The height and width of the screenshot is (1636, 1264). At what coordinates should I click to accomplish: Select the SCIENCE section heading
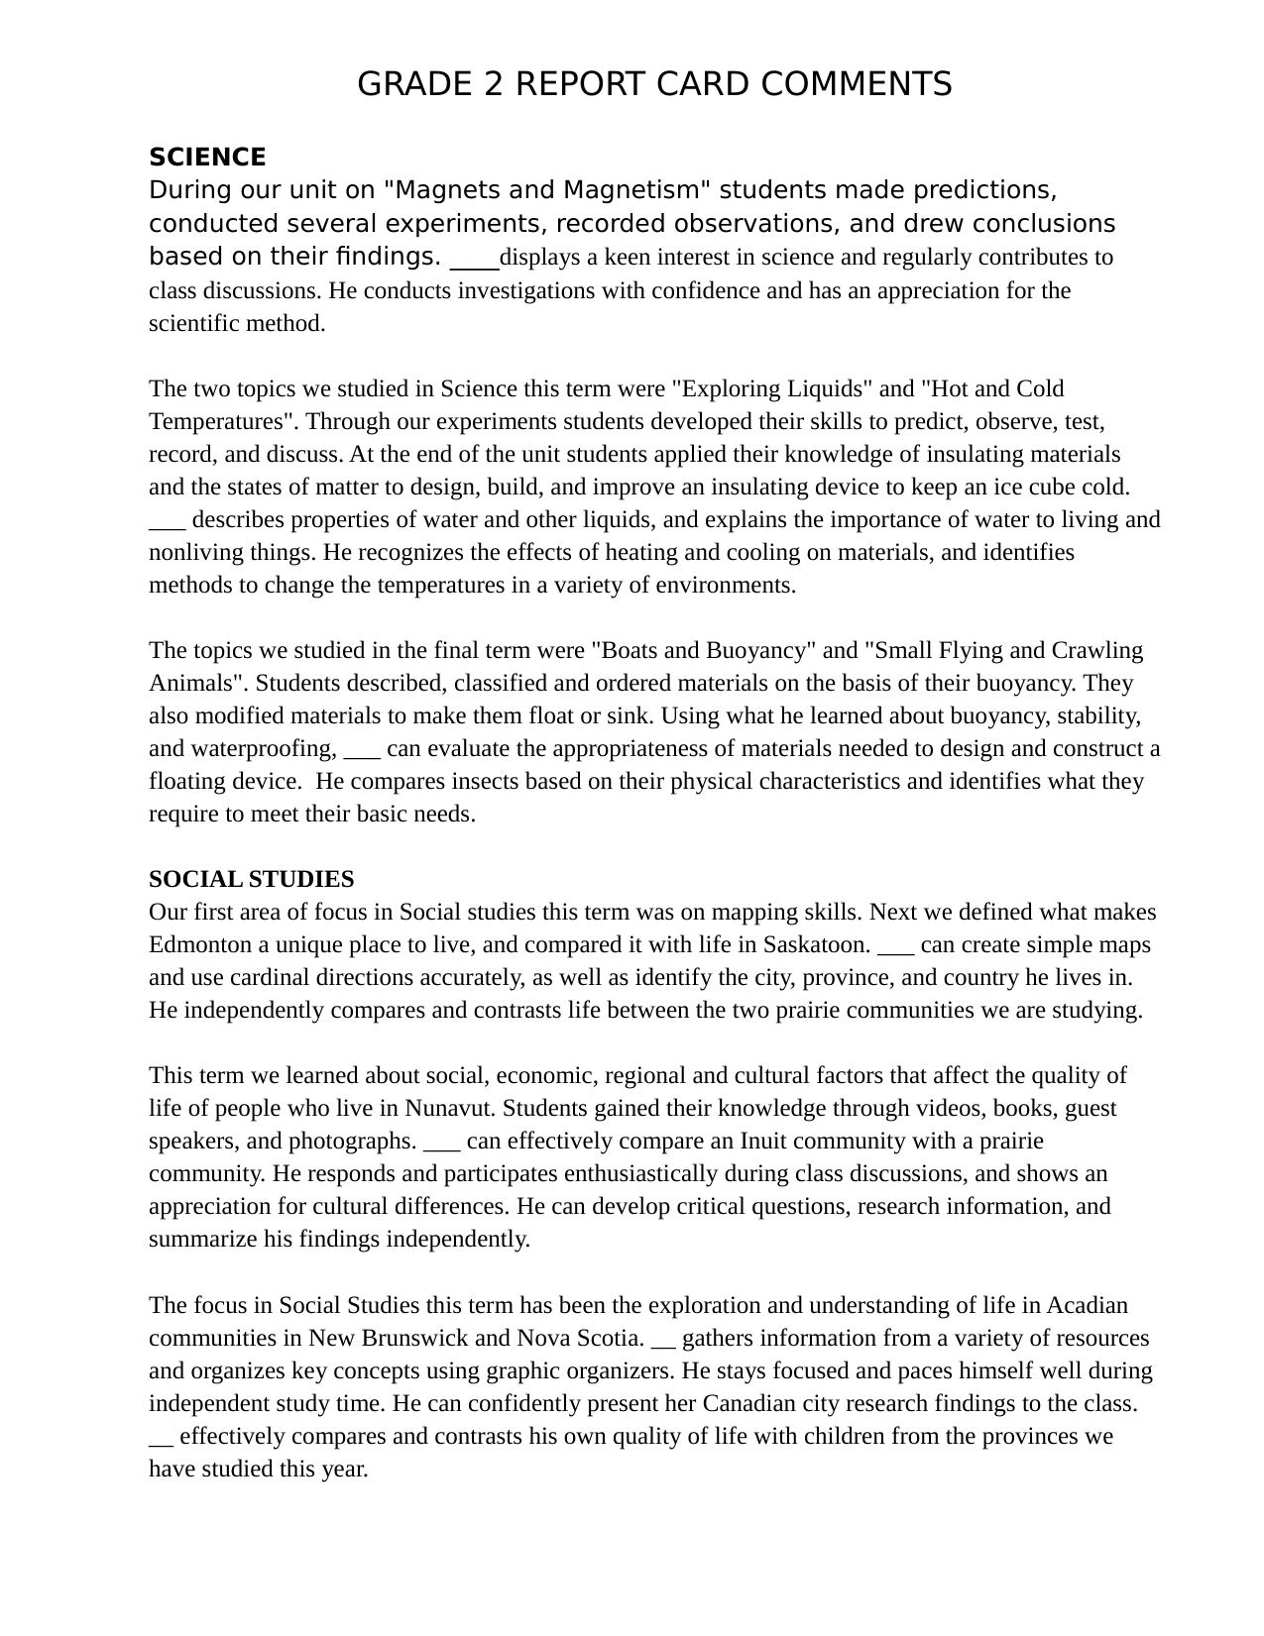click(x=207, y=158)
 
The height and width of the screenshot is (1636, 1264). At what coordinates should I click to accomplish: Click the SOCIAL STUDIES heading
click(x=251, y=879)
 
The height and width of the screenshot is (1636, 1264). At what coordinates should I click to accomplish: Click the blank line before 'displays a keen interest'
click(x=474, y=260)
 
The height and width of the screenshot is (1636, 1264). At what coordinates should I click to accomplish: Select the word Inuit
click(x=764, y=1141)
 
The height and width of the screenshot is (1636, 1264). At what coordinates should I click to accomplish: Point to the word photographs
click(x=352, y=1141)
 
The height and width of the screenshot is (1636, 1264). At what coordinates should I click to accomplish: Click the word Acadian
click(x=1087, y=1305)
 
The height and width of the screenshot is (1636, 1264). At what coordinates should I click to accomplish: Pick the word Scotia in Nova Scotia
click(x=610, y=1338)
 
